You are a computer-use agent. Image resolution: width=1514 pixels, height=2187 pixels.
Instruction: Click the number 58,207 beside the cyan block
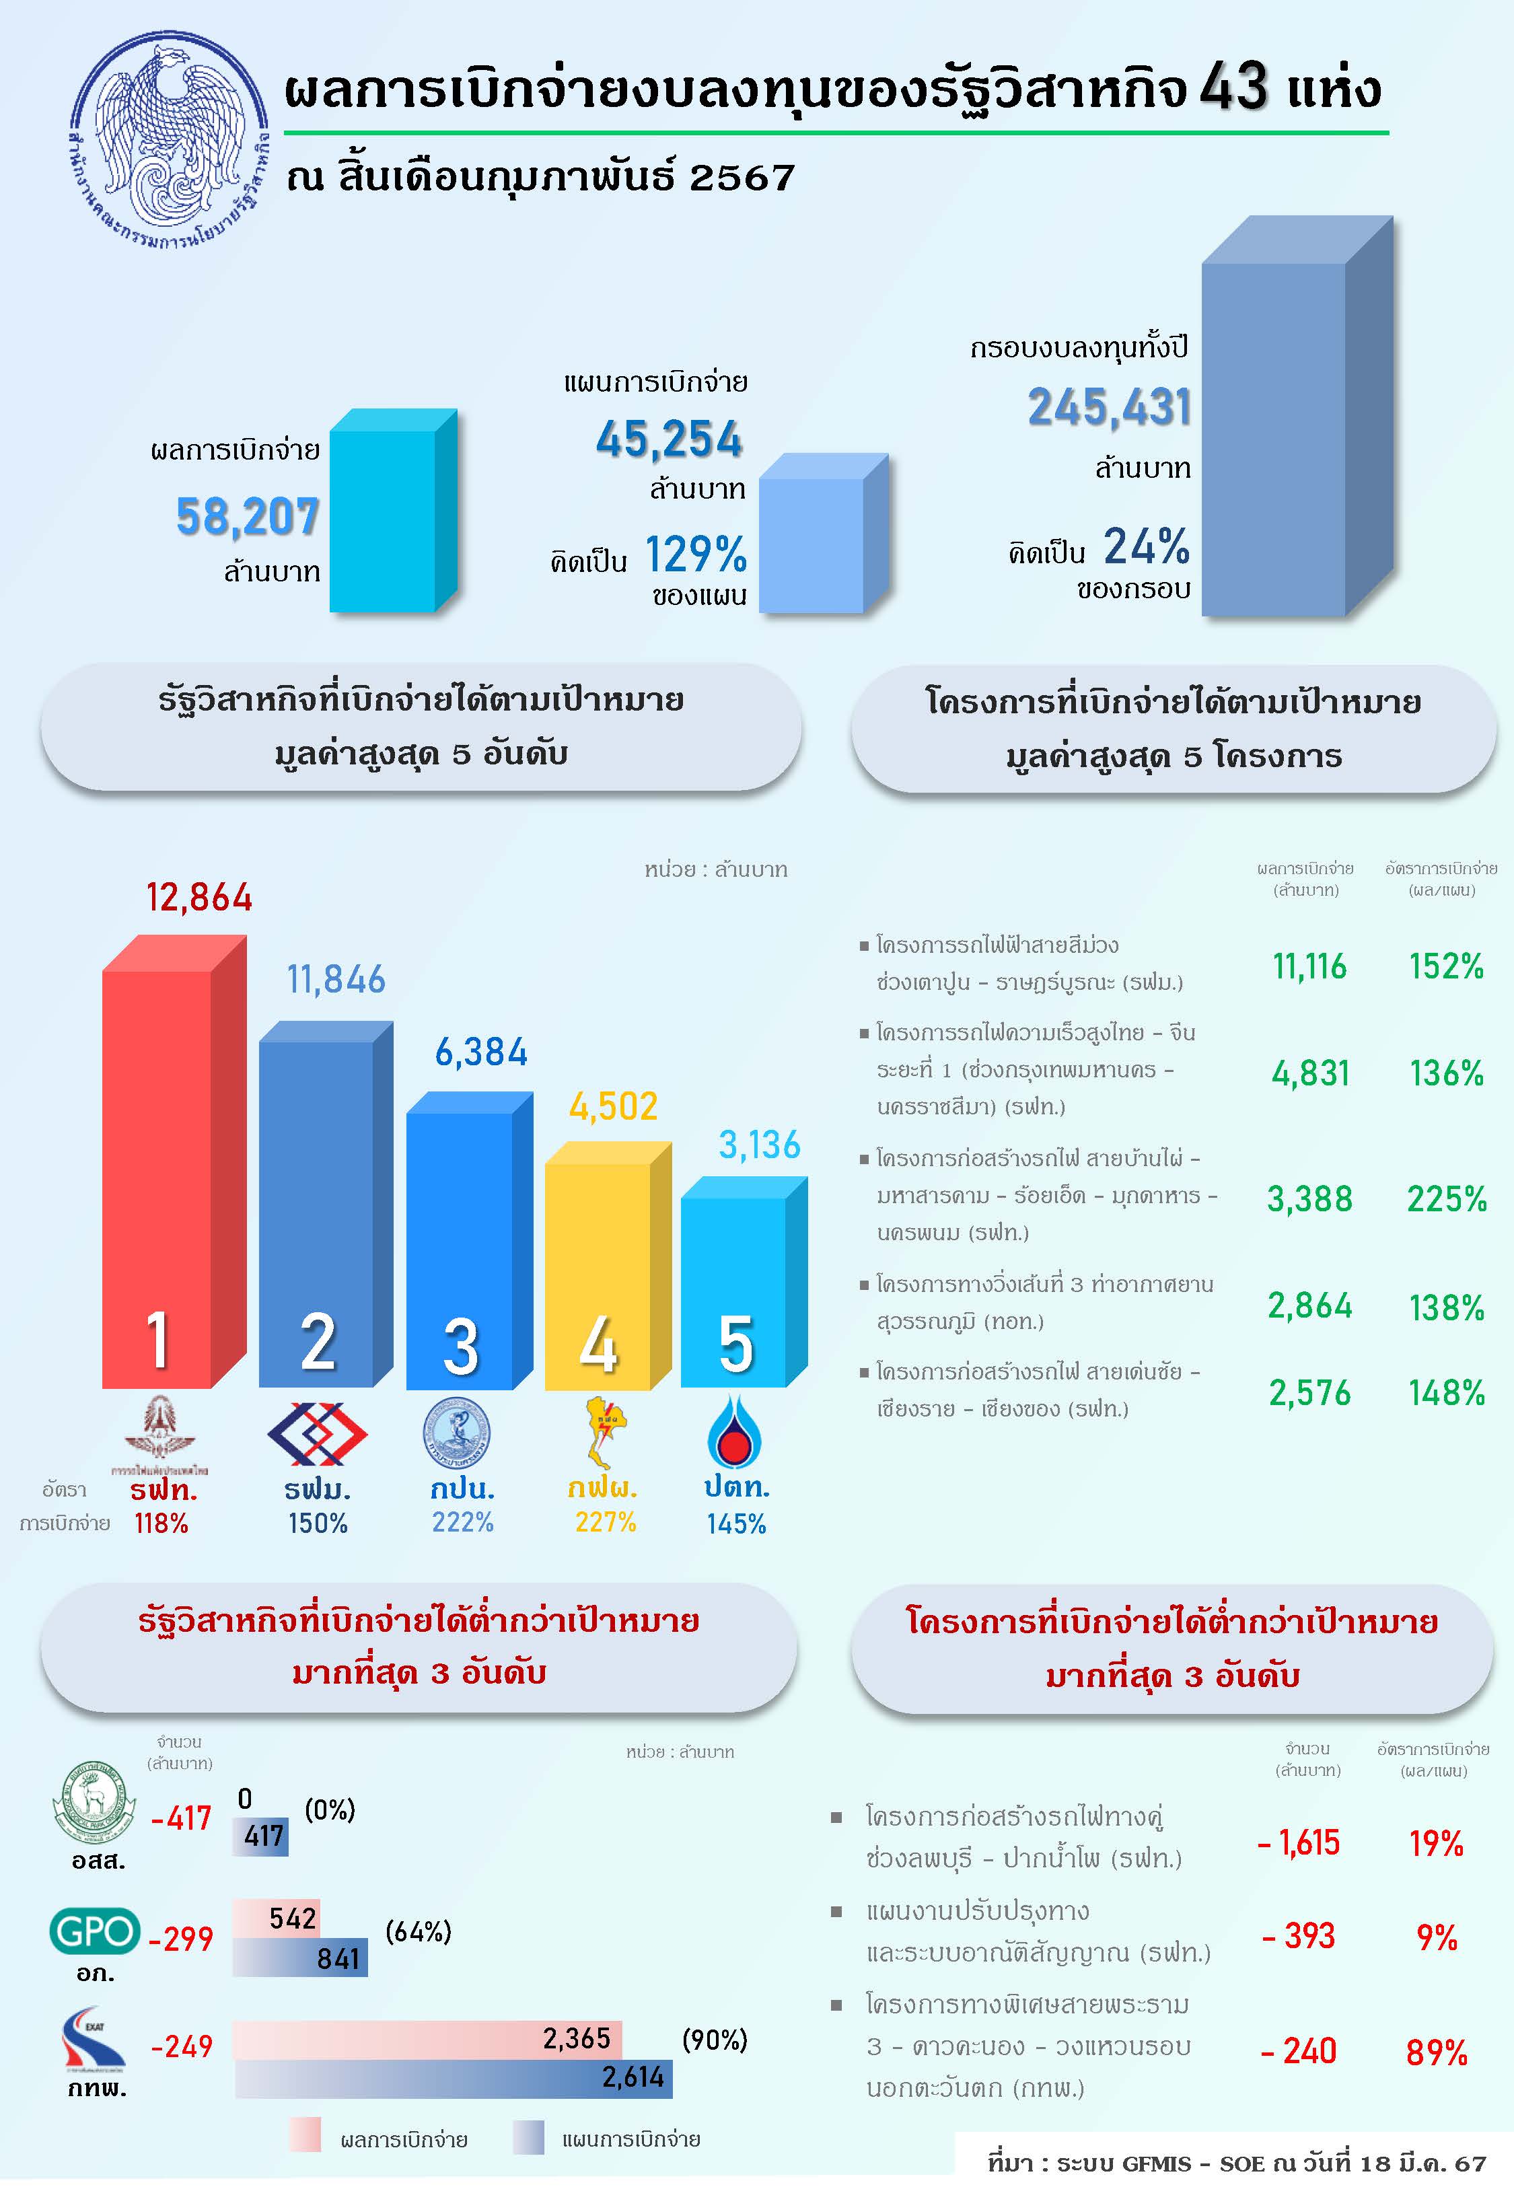click(248, 517)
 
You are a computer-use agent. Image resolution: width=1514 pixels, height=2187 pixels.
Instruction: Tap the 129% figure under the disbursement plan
click(695, 554)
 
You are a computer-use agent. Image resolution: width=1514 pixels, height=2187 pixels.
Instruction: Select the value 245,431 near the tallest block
click(1109, 407)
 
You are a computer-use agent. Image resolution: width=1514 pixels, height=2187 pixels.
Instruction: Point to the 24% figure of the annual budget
click(1146, 546)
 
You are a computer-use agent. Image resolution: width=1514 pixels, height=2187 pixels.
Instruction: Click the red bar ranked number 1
click(157, 1176)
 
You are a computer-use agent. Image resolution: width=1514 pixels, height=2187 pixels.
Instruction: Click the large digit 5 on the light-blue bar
click(736, 1344)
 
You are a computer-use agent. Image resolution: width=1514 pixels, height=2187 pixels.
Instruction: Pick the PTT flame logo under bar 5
click(733, 1432)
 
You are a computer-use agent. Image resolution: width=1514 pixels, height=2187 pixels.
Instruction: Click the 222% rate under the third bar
click(463, 1522)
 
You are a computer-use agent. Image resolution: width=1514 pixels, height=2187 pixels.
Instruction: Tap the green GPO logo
click(95, 1931)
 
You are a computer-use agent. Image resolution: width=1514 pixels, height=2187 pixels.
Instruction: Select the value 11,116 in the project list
click(1309, 966)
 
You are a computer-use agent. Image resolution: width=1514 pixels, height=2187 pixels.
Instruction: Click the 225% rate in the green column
click(1445, 1198)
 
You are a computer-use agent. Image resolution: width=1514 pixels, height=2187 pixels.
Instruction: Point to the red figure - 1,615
click(1299, 1842)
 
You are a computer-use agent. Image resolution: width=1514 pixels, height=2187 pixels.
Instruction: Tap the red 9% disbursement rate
click(1436, 1937)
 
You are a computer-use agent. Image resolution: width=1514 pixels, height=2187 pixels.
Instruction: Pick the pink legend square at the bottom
click(305, 2136)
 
